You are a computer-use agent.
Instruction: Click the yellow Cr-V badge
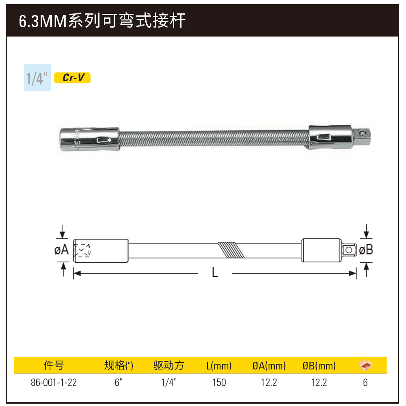tap(72, 78)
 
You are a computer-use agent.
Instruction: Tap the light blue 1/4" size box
tap(37, 78)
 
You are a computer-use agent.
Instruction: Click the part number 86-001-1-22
tap(54, 382)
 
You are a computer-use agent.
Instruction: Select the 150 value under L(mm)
tap(219, 382)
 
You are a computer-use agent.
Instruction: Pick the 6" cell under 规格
tap(119, 382)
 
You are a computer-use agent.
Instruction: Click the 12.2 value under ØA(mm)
tap(269, 382)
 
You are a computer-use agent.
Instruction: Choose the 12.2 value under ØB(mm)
tap(319, 382)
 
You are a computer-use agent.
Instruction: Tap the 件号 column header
tap(54, 365)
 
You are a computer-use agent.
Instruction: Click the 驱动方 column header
tap(168, 365)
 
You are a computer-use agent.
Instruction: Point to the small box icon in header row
tap(365, 365)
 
